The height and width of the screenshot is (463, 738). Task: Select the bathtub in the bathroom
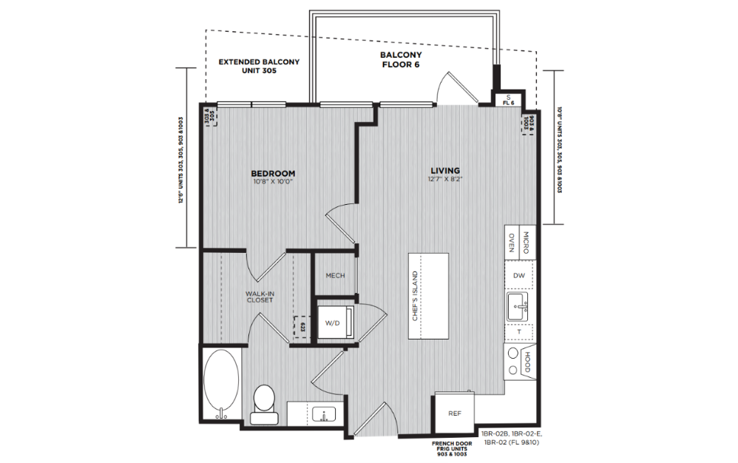(220, 385)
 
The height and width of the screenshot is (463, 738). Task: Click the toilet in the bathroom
(263, 404)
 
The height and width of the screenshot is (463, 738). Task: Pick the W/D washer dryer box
(333, 322)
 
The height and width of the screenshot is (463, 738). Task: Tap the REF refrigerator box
(455, 413)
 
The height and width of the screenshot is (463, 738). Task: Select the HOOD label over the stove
(527, 362)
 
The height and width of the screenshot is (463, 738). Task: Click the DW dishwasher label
(519, 275)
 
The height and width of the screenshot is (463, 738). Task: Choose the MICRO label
(527, 242)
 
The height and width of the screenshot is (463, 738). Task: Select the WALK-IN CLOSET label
(260, 297)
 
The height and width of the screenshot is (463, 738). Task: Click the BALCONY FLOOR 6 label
(401, 60)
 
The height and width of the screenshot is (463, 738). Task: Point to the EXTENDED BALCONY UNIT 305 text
(259, 66)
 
